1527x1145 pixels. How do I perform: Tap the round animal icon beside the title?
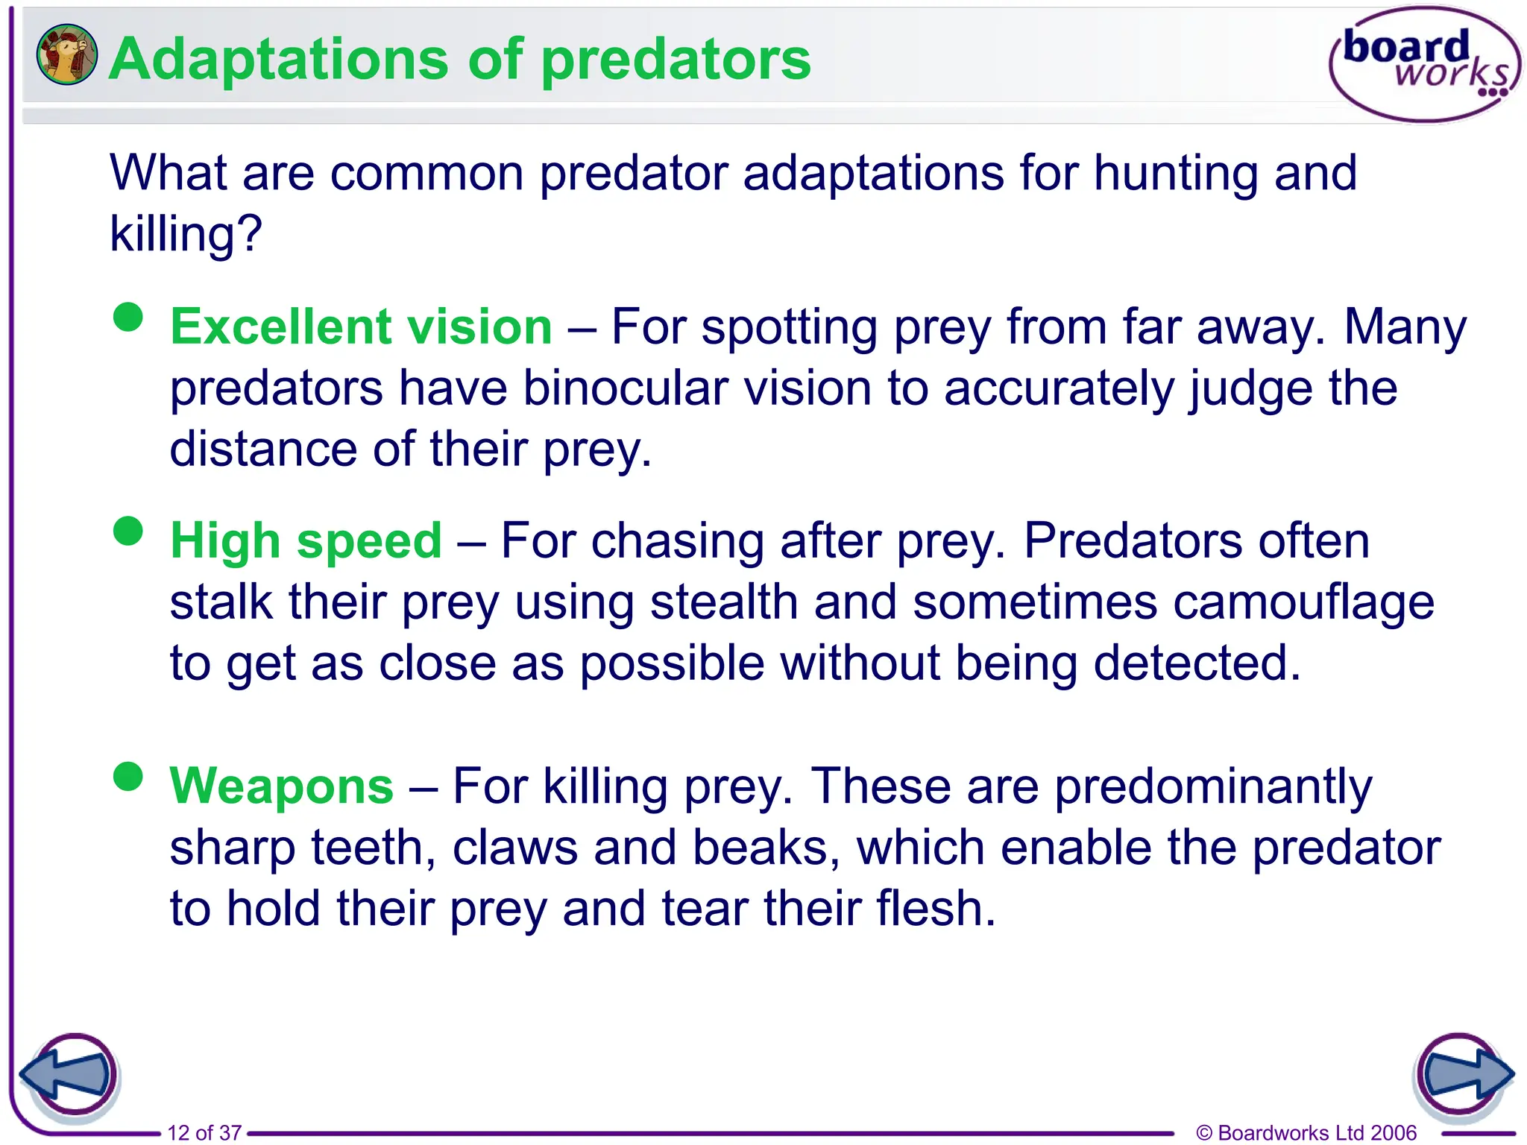66,54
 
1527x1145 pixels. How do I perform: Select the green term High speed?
306,540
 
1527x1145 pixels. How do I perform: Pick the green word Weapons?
281,786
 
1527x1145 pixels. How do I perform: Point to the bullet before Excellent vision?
128,317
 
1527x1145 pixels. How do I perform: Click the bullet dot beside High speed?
128,532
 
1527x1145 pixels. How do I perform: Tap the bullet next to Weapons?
128,777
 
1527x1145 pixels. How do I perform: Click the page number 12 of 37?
204,1132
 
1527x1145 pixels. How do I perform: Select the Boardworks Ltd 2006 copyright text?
1306,1132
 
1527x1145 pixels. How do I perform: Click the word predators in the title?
676,60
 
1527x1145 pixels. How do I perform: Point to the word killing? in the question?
186,235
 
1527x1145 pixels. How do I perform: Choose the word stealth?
724,602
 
